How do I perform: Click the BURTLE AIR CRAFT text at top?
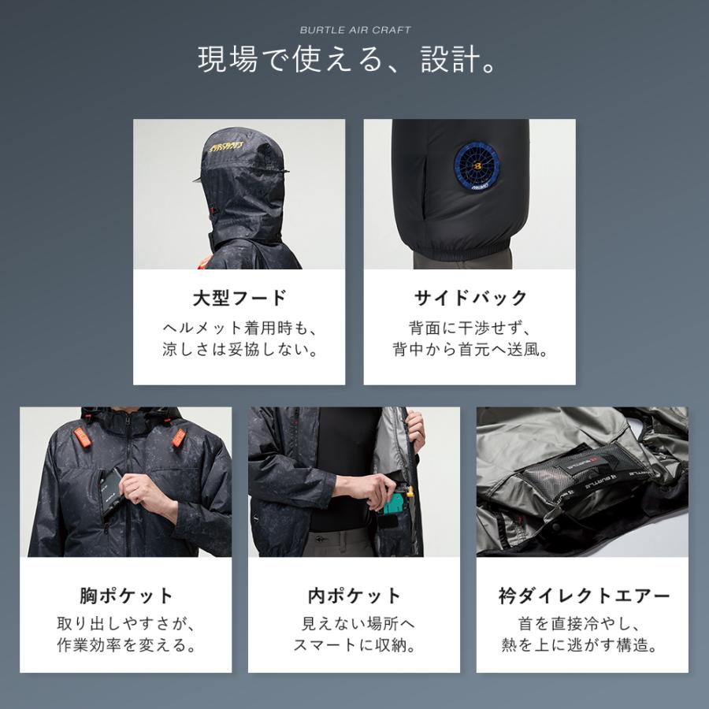point(354,31)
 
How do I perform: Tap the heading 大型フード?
point(239,298)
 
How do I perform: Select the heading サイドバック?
point(470,298)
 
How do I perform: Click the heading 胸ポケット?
point(126,595)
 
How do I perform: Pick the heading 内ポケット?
point(354,595)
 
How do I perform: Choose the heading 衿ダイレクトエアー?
point(584,595)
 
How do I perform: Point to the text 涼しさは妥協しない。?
point(239,350)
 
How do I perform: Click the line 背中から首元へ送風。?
point(470,350)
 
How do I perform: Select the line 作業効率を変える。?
point(126,646)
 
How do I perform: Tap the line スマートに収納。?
point(354,646)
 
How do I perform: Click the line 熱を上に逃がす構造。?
point(584,646)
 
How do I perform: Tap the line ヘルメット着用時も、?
point(239,327)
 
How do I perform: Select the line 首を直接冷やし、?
point(584,623)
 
